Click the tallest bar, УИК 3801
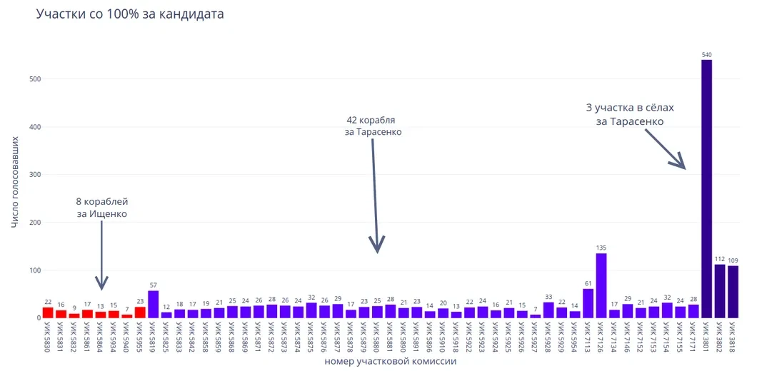point(706,189)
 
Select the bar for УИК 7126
point(601,285)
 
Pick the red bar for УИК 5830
point(48,312)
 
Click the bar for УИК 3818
point(733,292)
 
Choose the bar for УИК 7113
point(588,303)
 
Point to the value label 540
point(706,55)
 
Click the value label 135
point(601,248)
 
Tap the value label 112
point(720,259)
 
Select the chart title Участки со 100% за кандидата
point(130,14)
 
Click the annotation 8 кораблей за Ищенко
point(102,208)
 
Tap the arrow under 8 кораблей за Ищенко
point(101,257)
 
